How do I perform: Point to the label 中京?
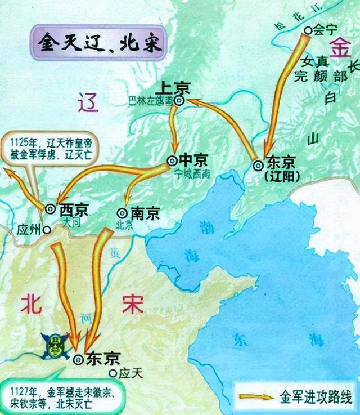191,159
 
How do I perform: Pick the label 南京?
146,213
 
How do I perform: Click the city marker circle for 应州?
47,230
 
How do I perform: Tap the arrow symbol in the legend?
256,397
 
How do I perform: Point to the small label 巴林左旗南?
150,101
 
